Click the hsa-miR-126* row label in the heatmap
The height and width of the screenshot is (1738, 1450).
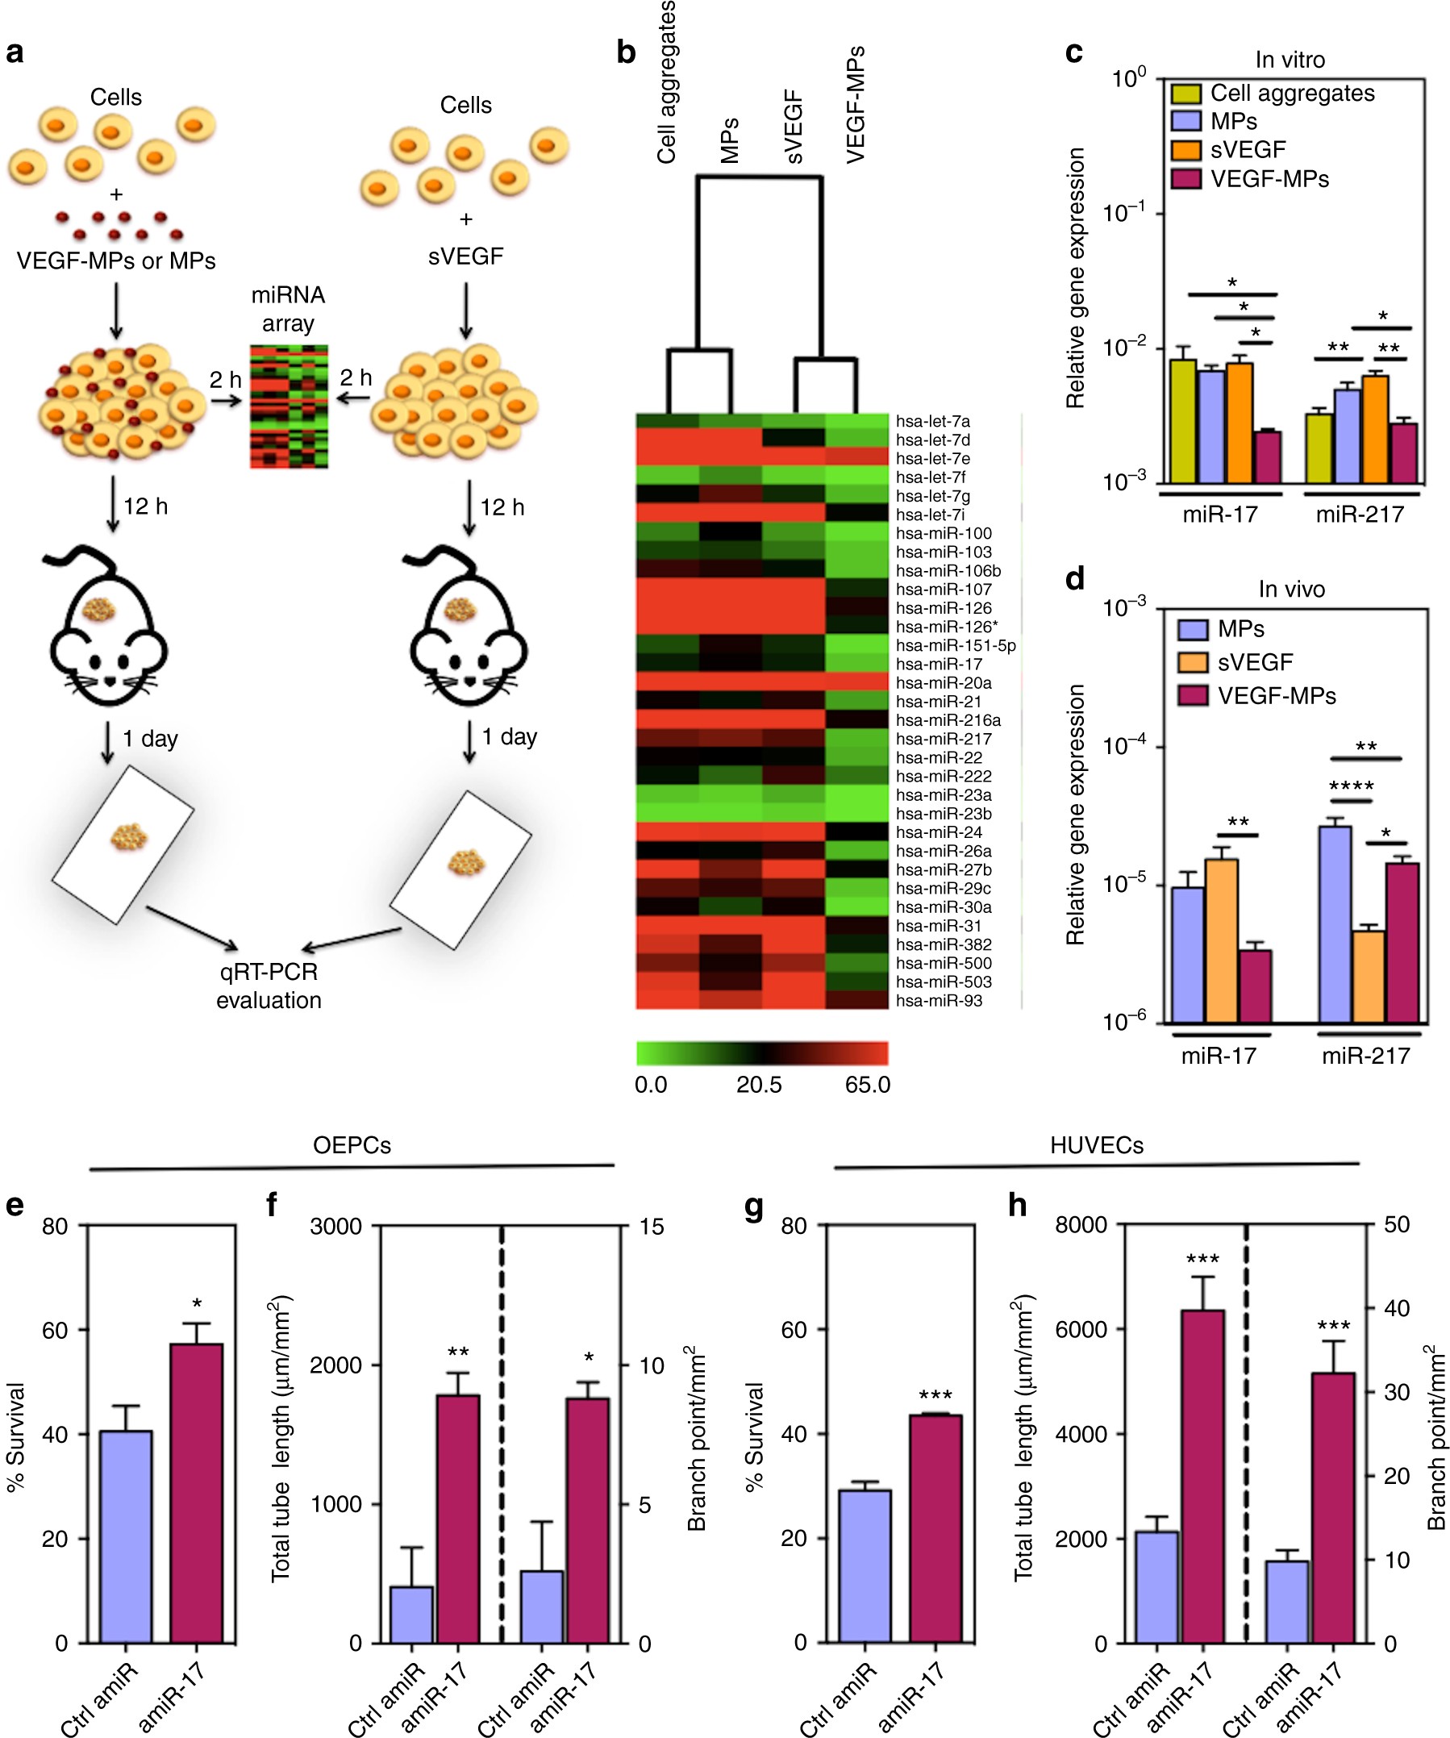tap(944, 627)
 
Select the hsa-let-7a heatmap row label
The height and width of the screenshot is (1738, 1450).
tap(933, 421)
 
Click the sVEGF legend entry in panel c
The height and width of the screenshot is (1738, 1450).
tap(1248, 150)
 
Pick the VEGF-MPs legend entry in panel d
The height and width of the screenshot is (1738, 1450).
tap(1276, 696)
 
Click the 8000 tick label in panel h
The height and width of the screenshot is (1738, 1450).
tap(1081, 1225)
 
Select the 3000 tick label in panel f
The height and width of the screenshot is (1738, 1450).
tap(336, 1227)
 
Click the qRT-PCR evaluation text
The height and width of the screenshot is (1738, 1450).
tap(269, 986)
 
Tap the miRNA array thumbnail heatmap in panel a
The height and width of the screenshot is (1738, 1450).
tap(289, 406)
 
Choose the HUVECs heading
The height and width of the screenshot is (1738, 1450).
tap(1097, 1145)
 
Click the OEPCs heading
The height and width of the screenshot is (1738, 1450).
tap(352, 1145)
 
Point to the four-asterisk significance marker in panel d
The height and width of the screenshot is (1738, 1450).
tap(1351, 786)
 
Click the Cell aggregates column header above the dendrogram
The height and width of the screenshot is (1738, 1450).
tap(667, 83)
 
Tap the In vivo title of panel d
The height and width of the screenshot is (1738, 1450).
tap(1291, 590)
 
